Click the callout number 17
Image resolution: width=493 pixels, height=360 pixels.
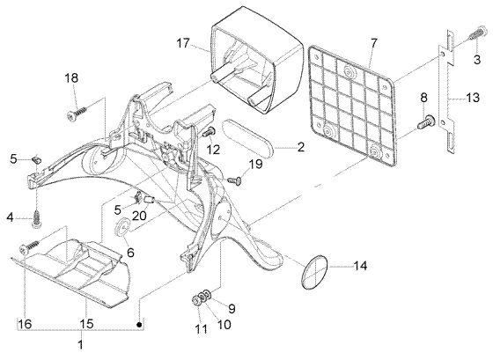(183, 43)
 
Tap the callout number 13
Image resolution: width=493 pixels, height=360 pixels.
(473, 98)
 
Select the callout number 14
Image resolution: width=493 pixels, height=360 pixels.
(360, 266)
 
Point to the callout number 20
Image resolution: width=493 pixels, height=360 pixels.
(139, 216)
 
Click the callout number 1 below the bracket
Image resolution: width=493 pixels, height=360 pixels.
(80, 344)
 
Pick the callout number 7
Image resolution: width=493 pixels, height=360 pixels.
(373, 43)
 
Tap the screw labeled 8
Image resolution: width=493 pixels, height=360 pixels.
(425, 122)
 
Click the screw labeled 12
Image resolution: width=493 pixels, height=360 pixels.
(209, 132)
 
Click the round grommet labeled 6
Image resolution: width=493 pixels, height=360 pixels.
(121, 226)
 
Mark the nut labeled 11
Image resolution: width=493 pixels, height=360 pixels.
(195, 300)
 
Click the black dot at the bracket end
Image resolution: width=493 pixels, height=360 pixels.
(140, 324)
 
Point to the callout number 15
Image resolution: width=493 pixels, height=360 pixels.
(86, 324)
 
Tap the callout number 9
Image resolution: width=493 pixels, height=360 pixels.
(231, 308)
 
